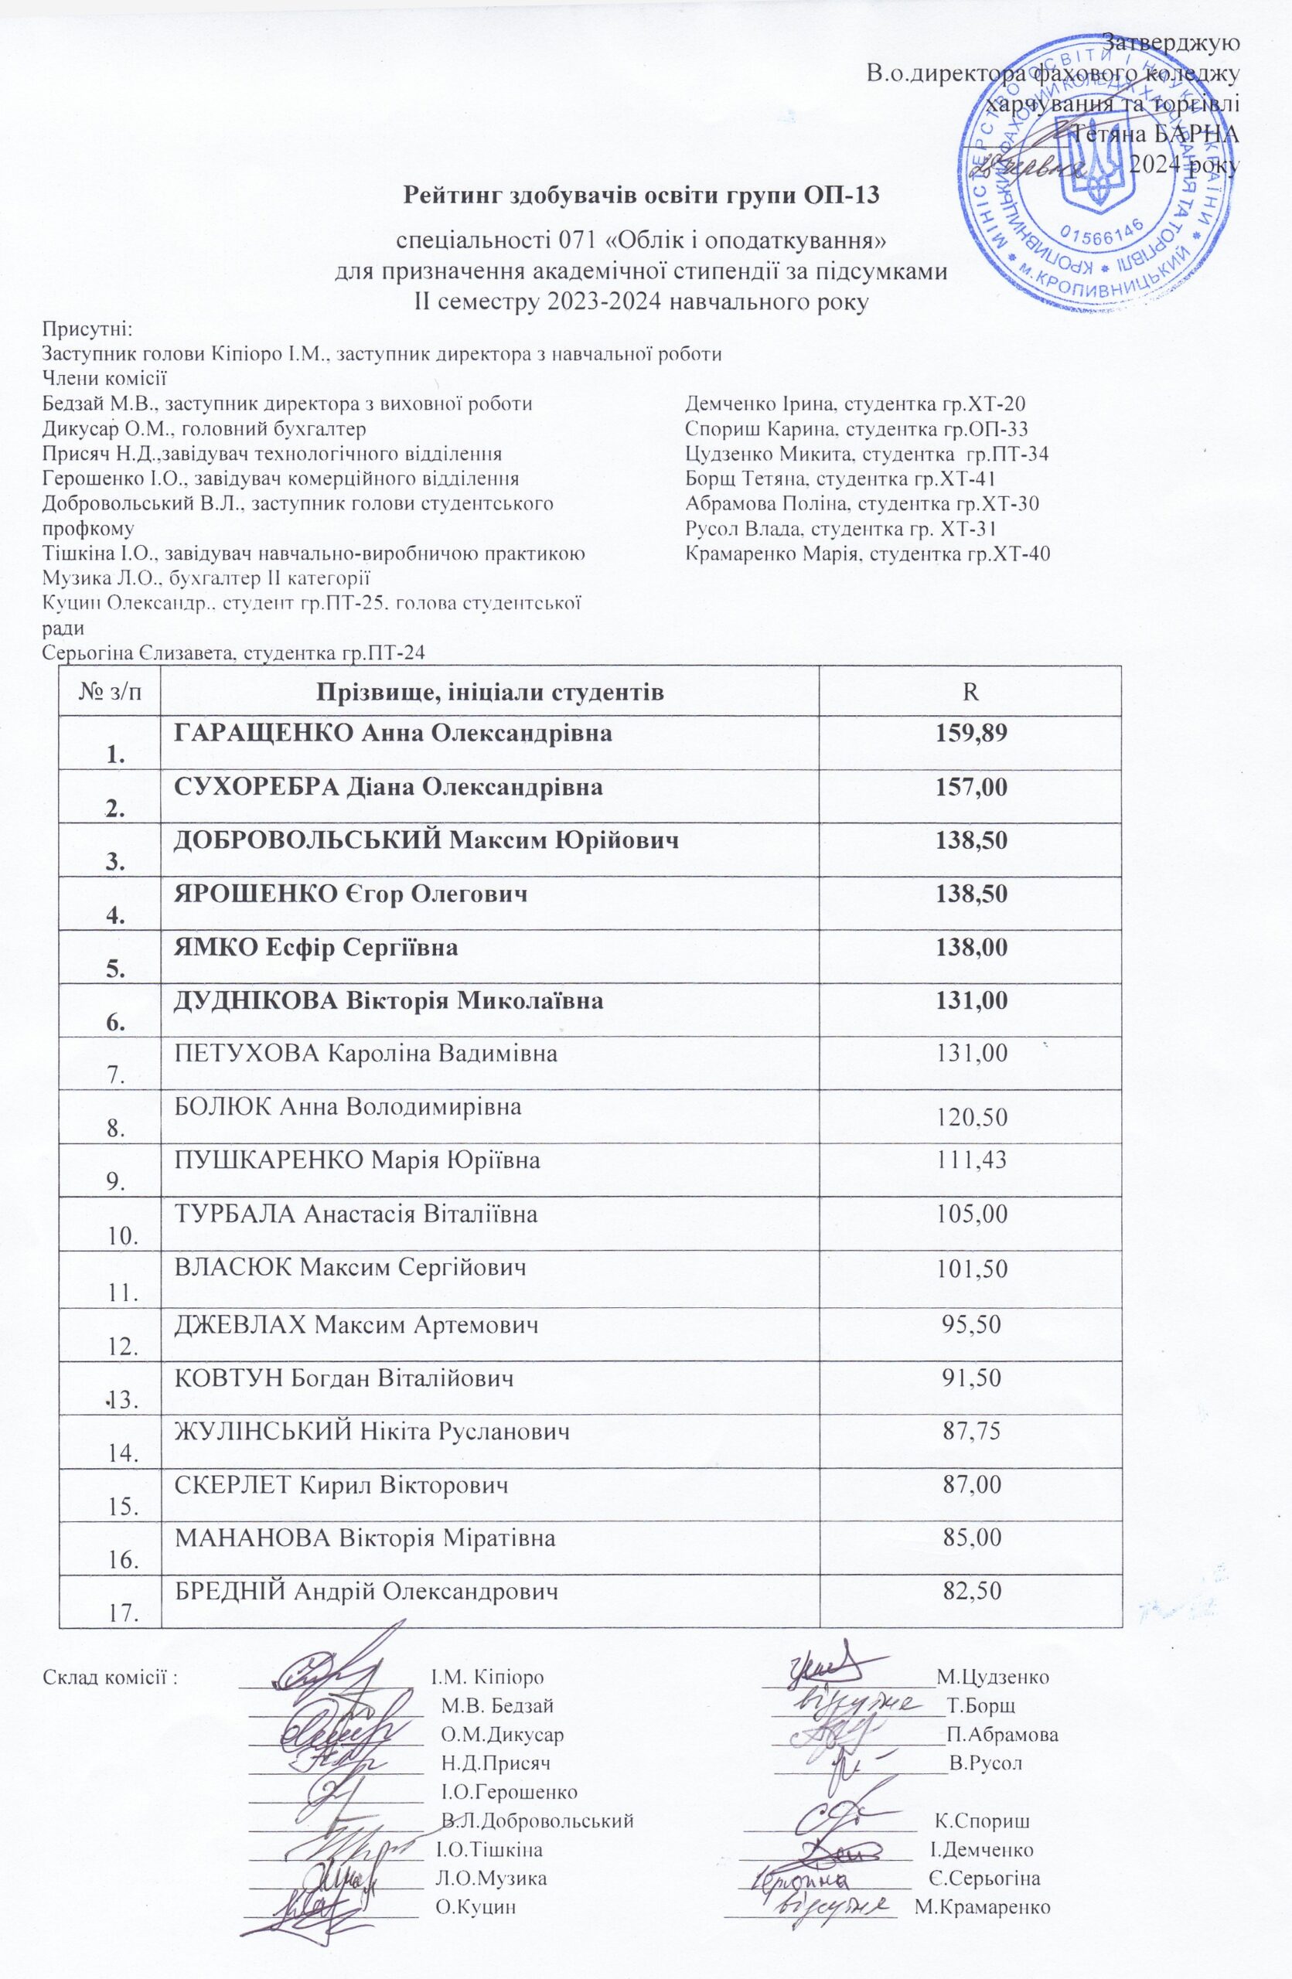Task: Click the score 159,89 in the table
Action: [x=970, y=734]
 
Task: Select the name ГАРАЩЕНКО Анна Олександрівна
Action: [x=394, y=734]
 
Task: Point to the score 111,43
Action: [x=970, y=1160]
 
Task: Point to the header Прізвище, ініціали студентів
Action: [x=489, y=693]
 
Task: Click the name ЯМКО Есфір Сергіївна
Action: [x=316, y=947]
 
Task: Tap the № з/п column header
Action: [x=109, y=692]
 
